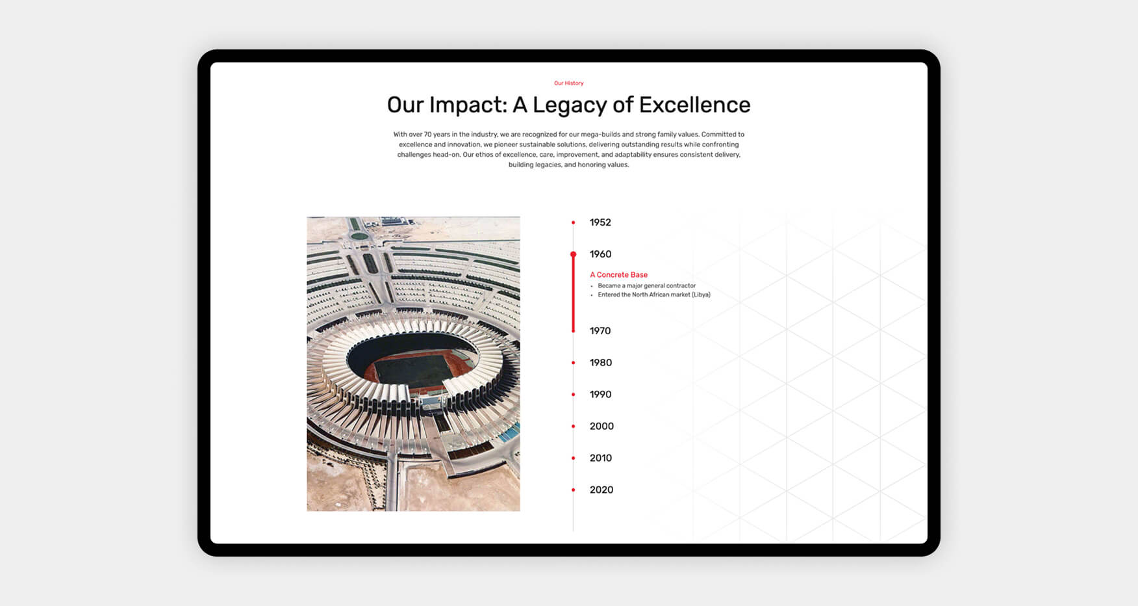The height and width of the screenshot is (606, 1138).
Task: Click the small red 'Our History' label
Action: (569, 83)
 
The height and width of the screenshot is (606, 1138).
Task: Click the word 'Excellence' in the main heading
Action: (694, 105)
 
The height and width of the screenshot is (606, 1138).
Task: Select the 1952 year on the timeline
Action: (600, 222)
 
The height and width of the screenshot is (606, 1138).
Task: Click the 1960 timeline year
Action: (600, 254)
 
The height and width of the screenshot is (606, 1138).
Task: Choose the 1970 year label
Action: (600, 331)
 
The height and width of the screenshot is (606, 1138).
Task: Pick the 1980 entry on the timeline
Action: (601, 363)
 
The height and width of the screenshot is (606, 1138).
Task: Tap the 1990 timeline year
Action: (601, 395)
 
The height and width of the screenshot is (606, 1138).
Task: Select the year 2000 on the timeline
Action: (601, 427)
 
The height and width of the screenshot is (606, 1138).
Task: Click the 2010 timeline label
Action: (601, 458)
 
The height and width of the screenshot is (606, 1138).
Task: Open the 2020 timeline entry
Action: (601, 490)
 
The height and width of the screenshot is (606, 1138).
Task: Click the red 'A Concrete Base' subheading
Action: (618, 275)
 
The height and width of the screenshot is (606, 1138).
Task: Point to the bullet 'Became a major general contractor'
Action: (646, 285)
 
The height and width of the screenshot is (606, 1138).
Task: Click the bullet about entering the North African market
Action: (654, 295)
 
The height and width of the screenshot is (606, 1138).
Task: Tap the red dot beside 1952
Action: (573, 222)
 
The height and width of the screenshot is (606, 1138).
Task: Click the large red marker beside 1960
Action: (573, 254)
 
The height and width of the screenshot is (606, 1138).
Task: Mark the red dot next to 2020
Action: (573, 490)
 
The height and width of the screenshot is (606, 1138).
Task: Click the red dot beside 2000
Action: (573, 427)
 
